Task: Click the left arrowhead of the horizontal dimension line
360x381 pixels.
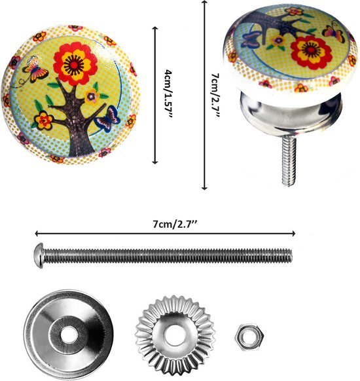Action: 37,233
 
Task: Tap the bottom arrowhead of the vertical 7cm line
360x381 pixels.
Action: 205,187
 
